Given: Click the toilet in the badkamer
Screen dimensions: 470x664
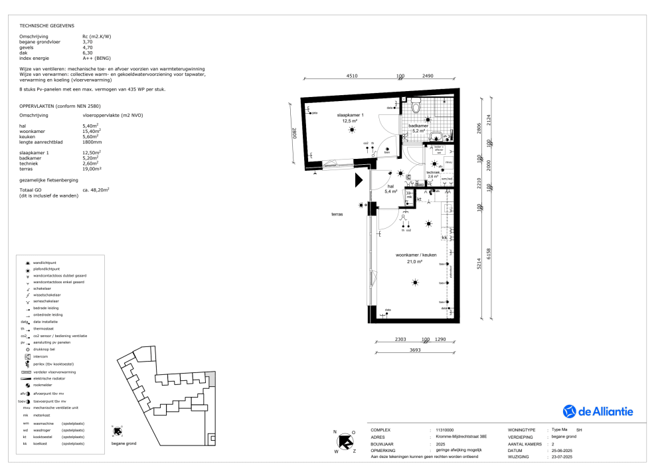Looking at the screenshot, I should (417, 107).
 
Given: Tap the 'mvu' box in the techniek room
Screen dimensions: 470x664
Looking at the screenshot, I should (448, 162).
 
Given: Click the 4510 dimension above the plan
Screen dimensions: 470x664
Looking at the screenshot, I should (351, 76).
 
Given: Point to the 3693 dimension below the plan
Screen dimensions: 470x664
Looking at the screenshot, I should (414, 350).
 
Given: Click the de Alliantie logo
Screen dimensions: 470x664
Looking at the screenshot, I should (598, 411).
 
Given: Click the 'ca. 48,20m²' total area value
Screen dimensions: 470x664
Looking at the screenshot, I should (96, 190).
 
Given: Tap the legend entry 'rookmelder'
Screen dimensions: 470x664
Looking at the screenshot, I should (43, 386).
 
